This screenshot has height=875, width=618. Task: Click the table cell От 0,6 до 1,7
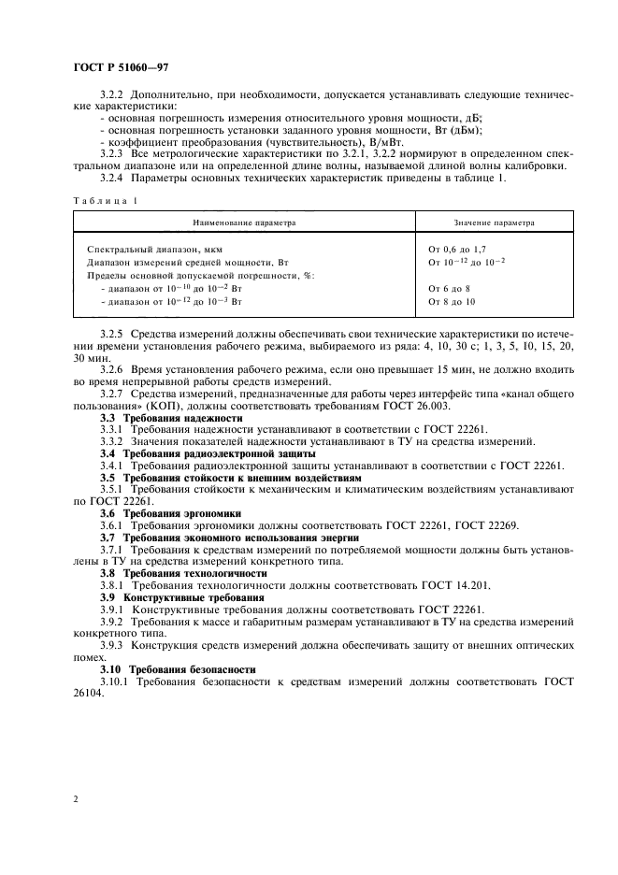point(457,250)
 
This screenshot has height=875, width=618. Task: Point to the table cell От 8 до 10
point(452,302)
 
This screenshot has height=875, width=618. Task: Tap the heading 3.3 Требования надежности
point(170,418)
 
